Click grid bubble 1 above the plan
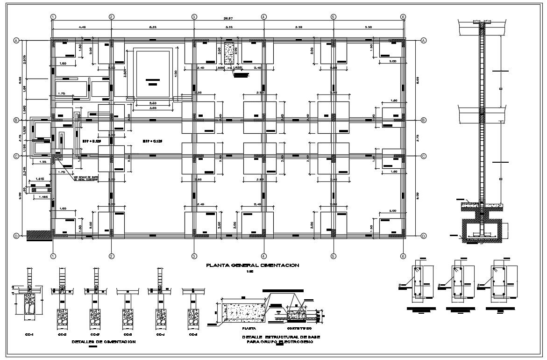point(53,17)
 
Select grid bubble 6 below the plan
point(403,256)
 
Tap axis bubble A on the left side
point(16,40)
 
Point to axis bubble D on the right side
point(424,236)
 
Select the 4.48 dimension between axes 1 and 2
point(82,28)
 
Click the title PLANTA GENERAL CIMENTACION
point(253,265)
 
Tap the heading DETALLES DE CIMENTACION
point(104,342)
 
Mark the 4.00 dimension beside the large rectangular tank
point(176,73)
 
